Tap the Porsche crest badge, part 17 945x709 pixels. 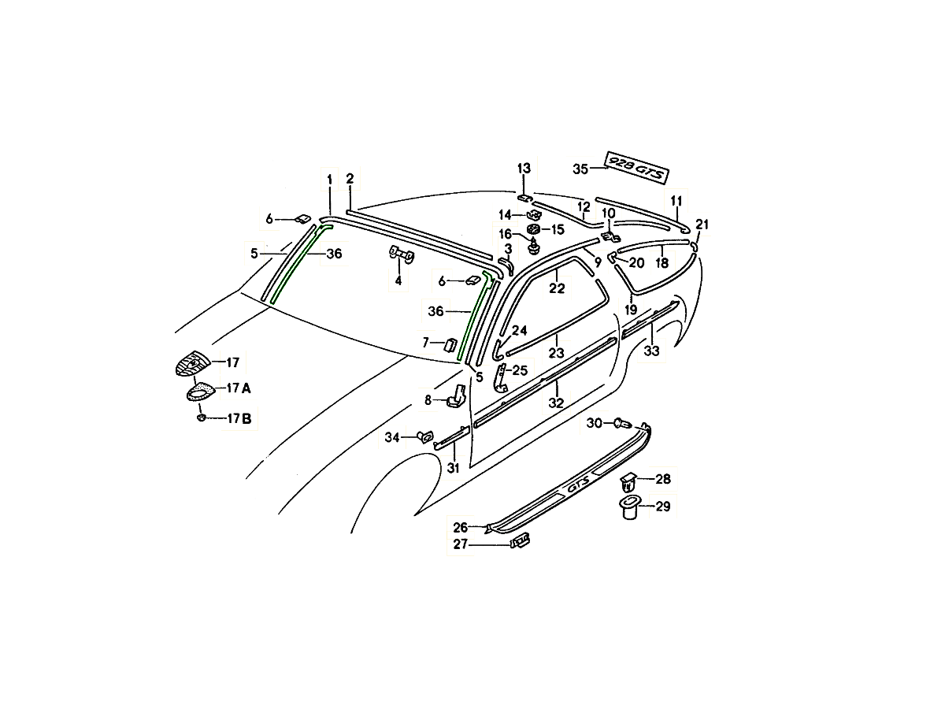point(192,363)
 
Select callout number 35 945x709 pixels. point(580,169)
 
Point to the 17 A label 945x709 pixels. point(239,388)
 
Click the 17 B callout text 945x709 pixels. point(239,418)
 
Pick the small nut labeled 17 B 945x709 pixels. point(201,418)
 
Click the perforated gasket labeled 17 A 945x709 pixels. point(201,392)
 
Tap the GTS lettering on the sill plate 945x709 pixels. point(577,487)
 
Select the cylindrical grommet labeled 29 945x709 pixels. point(629,507)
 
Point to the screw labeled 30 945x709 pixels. point(623,424)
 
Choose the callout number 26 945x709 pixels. point(460,527)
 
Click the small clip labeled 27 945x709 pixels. point(520,540)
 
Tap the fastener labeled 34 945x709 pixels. point(424,437)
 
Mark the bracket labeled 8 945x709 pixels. point(456,397)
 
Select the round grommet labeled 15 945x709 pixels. point(534,229)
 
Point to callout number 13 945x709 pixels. point(524,168)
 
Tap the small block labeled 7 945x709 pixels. point(450,344)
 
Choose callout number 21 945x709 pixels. point(702,225)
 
